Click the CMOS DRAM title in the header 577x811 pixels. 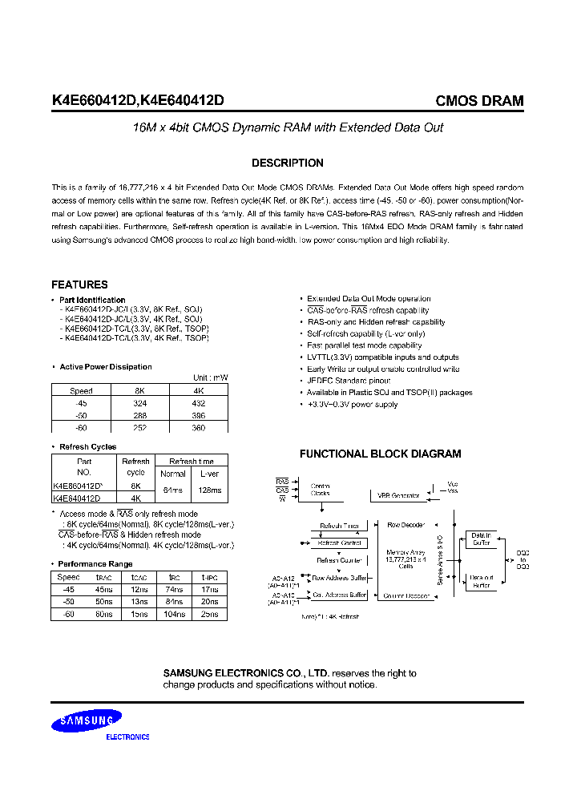[x=479, y=101]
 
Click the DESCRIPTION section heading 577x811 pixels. [x=288, y=163]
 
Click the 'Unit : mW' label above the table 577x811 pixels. [x=211, y=377]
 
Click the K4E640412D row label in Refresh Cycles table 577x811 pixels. [x=78, y=497]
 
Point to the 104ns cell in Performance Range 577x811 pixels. [x=173, y=614]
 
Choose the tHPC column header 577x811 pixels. [x=209, y=577]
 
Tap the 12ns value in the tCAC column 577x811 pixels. [x=139, y=589]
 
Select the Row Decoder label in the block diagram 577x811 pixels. [x=404, y=526]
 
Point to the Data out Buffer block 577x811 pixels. [x=481, y=580]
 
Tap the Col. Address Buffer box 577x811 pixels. [x=339, y=595]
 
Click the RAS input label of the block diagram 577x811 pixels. [x=282, y=481]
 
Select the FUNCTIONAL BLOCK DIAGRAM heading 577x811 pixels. [x=380, y=454]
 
